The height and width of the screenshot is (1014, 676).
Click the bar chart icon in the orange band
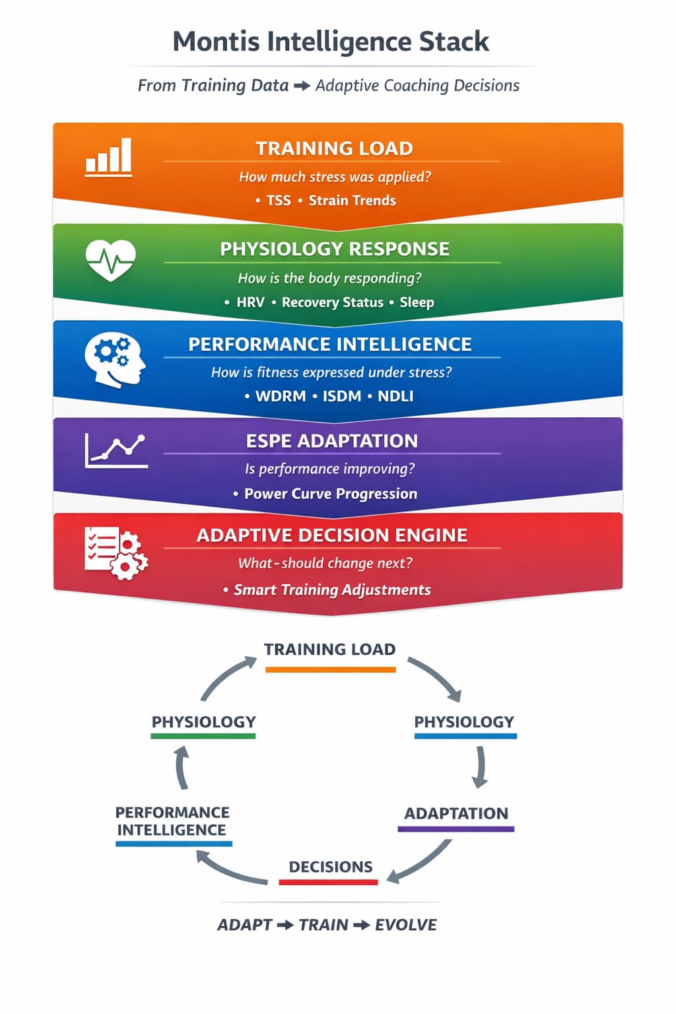(x=109, y=157)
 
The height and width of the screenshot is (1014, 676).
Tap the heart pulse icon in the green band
(x=111, y=259)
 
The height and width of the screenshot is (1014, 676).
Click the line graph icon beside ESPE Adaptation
(x=116, y=452)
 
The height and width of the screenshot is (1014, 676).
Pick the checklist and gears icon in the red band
(x=116, y=553)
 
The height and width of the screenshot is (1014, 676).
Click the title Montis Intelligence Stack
(x=331, y=42)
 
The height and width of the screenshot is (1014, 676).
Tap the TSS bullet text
(x=279, y=201)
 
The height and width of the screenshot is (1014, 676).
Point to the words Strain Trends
(x=352, y=201)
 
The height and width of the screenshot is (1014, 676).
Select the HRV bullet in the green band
(x=250, y=302)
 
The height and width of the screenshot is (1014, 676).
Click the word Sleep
(x=417, y=302)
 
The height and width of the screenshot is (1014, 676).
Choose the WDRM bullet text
(x=280, y=396)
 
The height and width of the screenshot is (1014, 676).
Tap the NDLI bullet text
(x=395, y=396)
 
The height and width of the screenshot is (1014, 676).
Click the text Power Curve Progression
(x=330, y=494)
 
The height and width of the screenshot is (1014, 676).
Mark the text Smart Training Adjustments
(x=332, y=590)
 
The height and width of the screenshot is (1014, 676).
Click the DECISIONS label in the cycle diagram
(x=330, y=867)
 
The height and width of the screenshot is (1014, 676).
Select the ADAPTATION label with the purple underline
(x=456, y=813)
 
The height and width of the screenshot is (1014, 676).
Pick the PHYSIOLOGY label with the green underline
(x=203, y=722)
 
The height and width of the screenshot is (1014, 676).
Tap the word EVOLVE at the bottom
(x=405, y=925)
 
